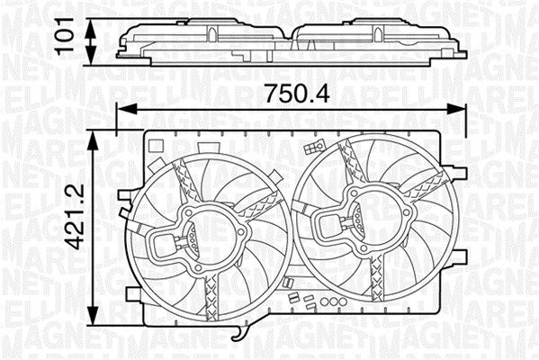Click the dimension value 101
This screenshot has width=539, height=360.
[x=65, y=37]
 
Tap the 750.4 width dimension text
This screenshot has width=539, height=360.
[x=298, y=93]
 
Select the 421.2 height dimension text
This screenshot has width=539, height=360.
[x=75, y=217]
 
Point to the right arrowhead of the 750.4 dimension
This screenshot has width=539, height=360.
[x=456, y=109]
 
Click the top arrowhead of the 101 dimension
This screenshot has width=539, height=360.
[x=90, y=27]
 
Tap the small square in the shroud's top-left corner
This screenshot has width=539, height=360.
[x=156, y=146]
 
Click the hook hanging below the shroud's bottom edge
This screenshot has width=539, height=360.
[x=241, y=334]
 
